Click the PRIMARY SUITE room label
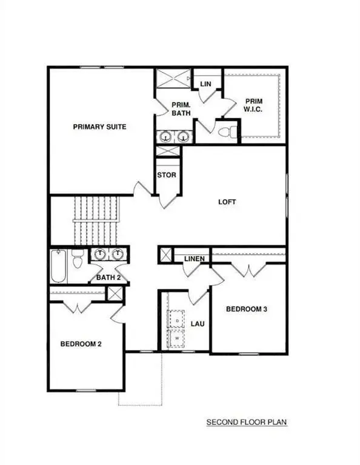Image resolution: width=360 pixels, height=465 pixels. point(99,127)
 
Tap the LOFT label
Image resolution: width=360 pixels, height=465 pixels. point(228,202)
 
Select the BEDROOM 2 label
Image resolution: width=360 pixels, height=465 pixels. point(81,345)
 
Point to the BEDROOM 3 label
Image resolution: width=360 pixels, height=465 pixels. point(247,309)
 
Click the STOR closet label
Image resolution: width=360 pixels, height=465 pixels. point(167,176)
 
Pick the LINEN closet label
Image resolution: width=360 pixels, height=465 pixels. point(194,260)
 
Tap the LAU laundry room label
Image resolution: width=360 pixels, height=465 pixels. point(198,324)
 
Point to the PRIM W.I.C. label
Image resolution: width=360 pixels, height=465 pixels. point(253,105)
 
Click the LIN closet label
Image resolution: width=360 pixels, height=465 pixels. point(205,84)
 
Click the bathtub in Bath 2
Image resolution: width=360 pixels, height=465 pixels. point(58,266)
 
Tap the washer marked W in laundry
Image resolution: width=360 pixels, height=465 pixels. point(177,338)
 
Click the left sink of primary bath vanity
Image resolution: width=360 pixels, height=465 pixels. point(165,137)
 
